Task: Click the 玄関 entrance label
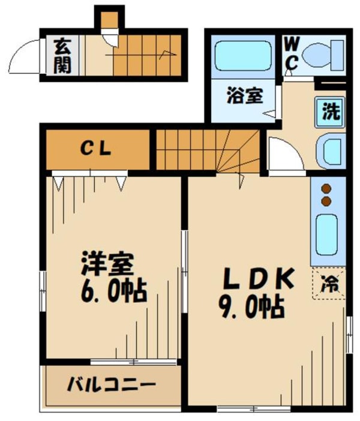pos(61,55)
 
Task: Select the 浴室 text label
pos(244,96)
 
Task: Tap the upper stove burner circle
pos(326,187)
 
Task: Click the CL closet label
pos(97,150)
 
